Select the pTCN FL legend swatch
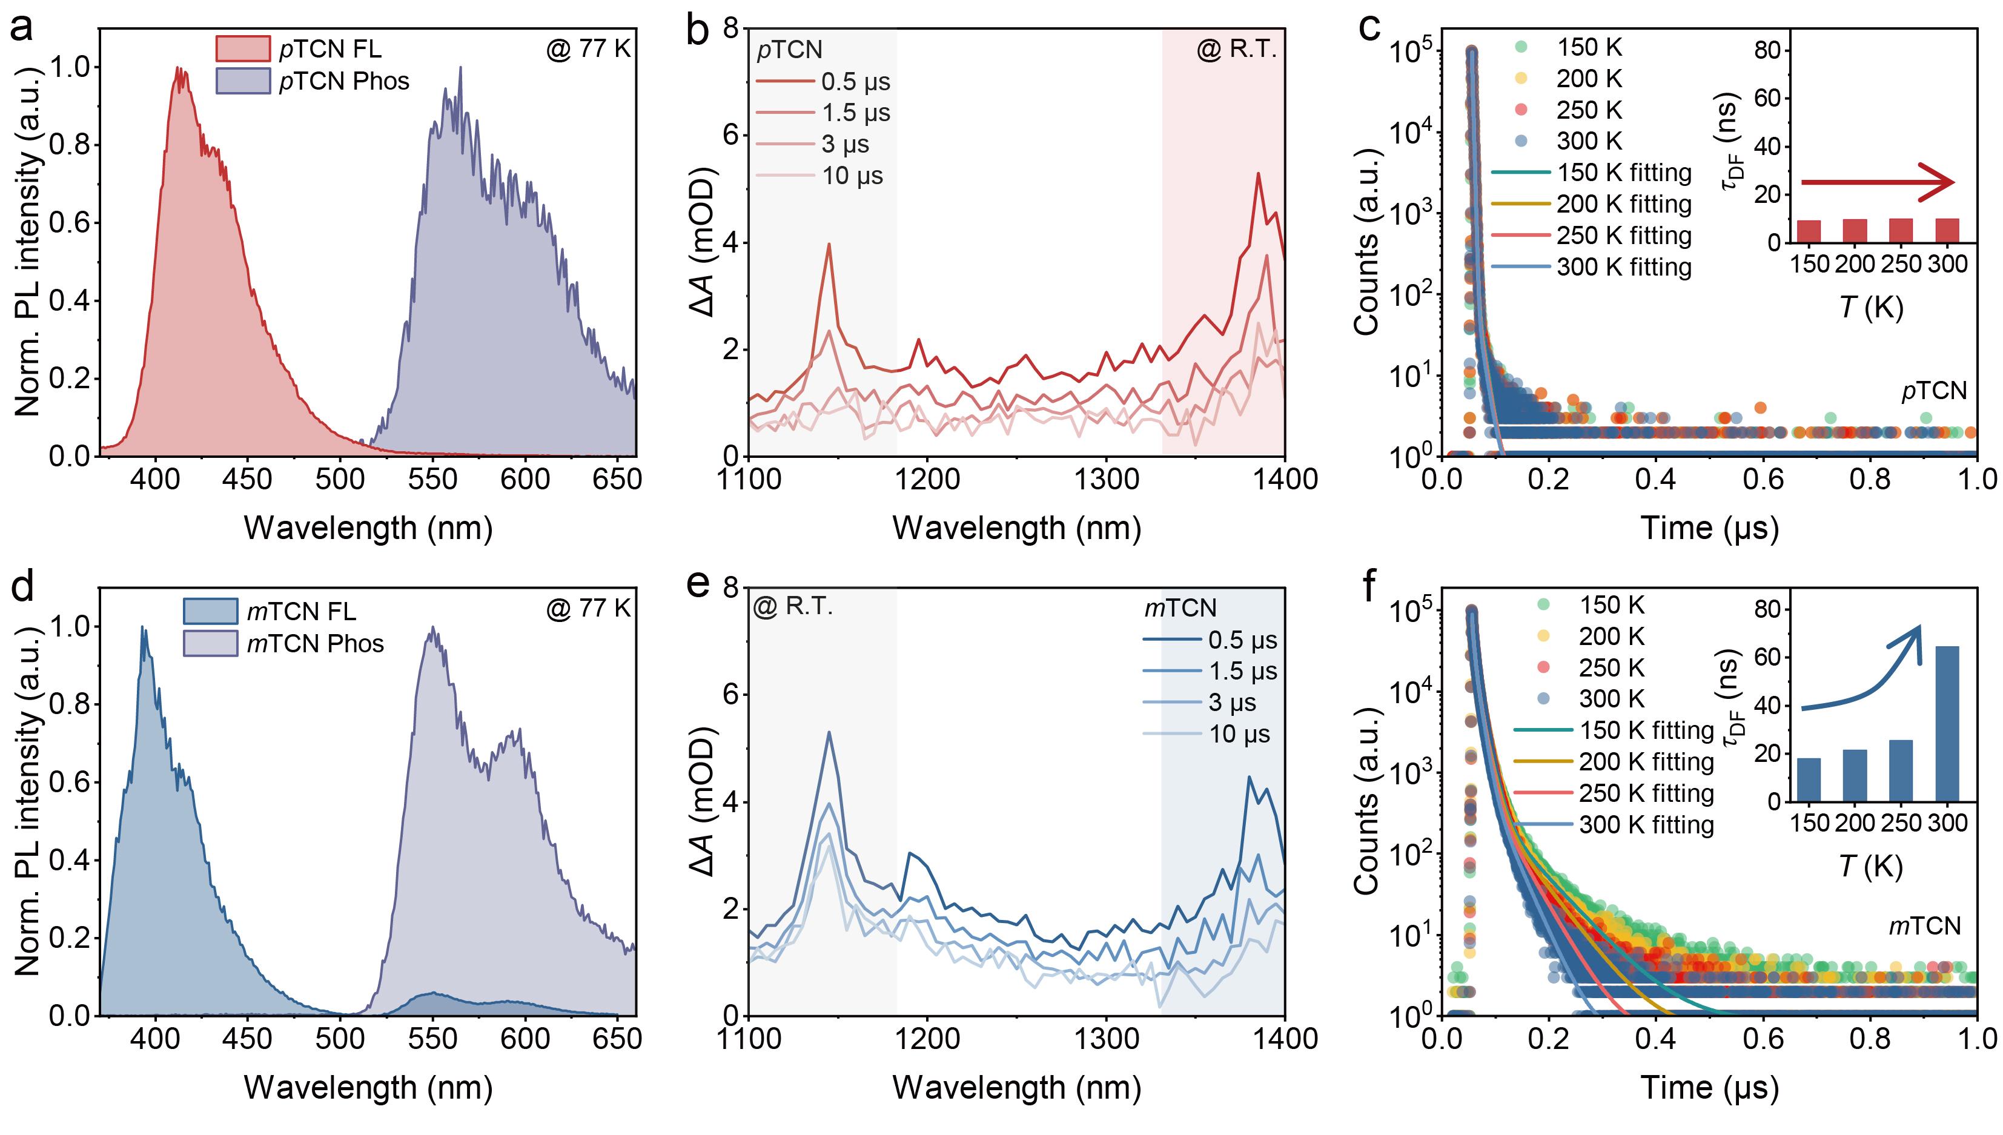(x=242, y=49)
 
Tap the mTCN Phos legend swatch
(x=210, y=643)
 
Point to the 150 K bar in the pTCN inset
(x=1809, y=231)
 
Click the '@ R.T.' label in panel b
(x=1236, y=50)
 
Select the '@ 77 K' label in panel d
(x=589, y=608)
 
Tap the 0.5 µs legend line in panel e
(x=1172, y=641)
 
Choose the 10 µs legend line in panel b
(x=783, y=176)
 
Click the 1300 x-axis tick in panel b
(x=1106, y=478)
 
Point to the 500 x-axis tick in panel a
(x=340, y=478)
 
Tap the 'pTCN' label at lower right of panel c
(x=1933, y=391)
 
